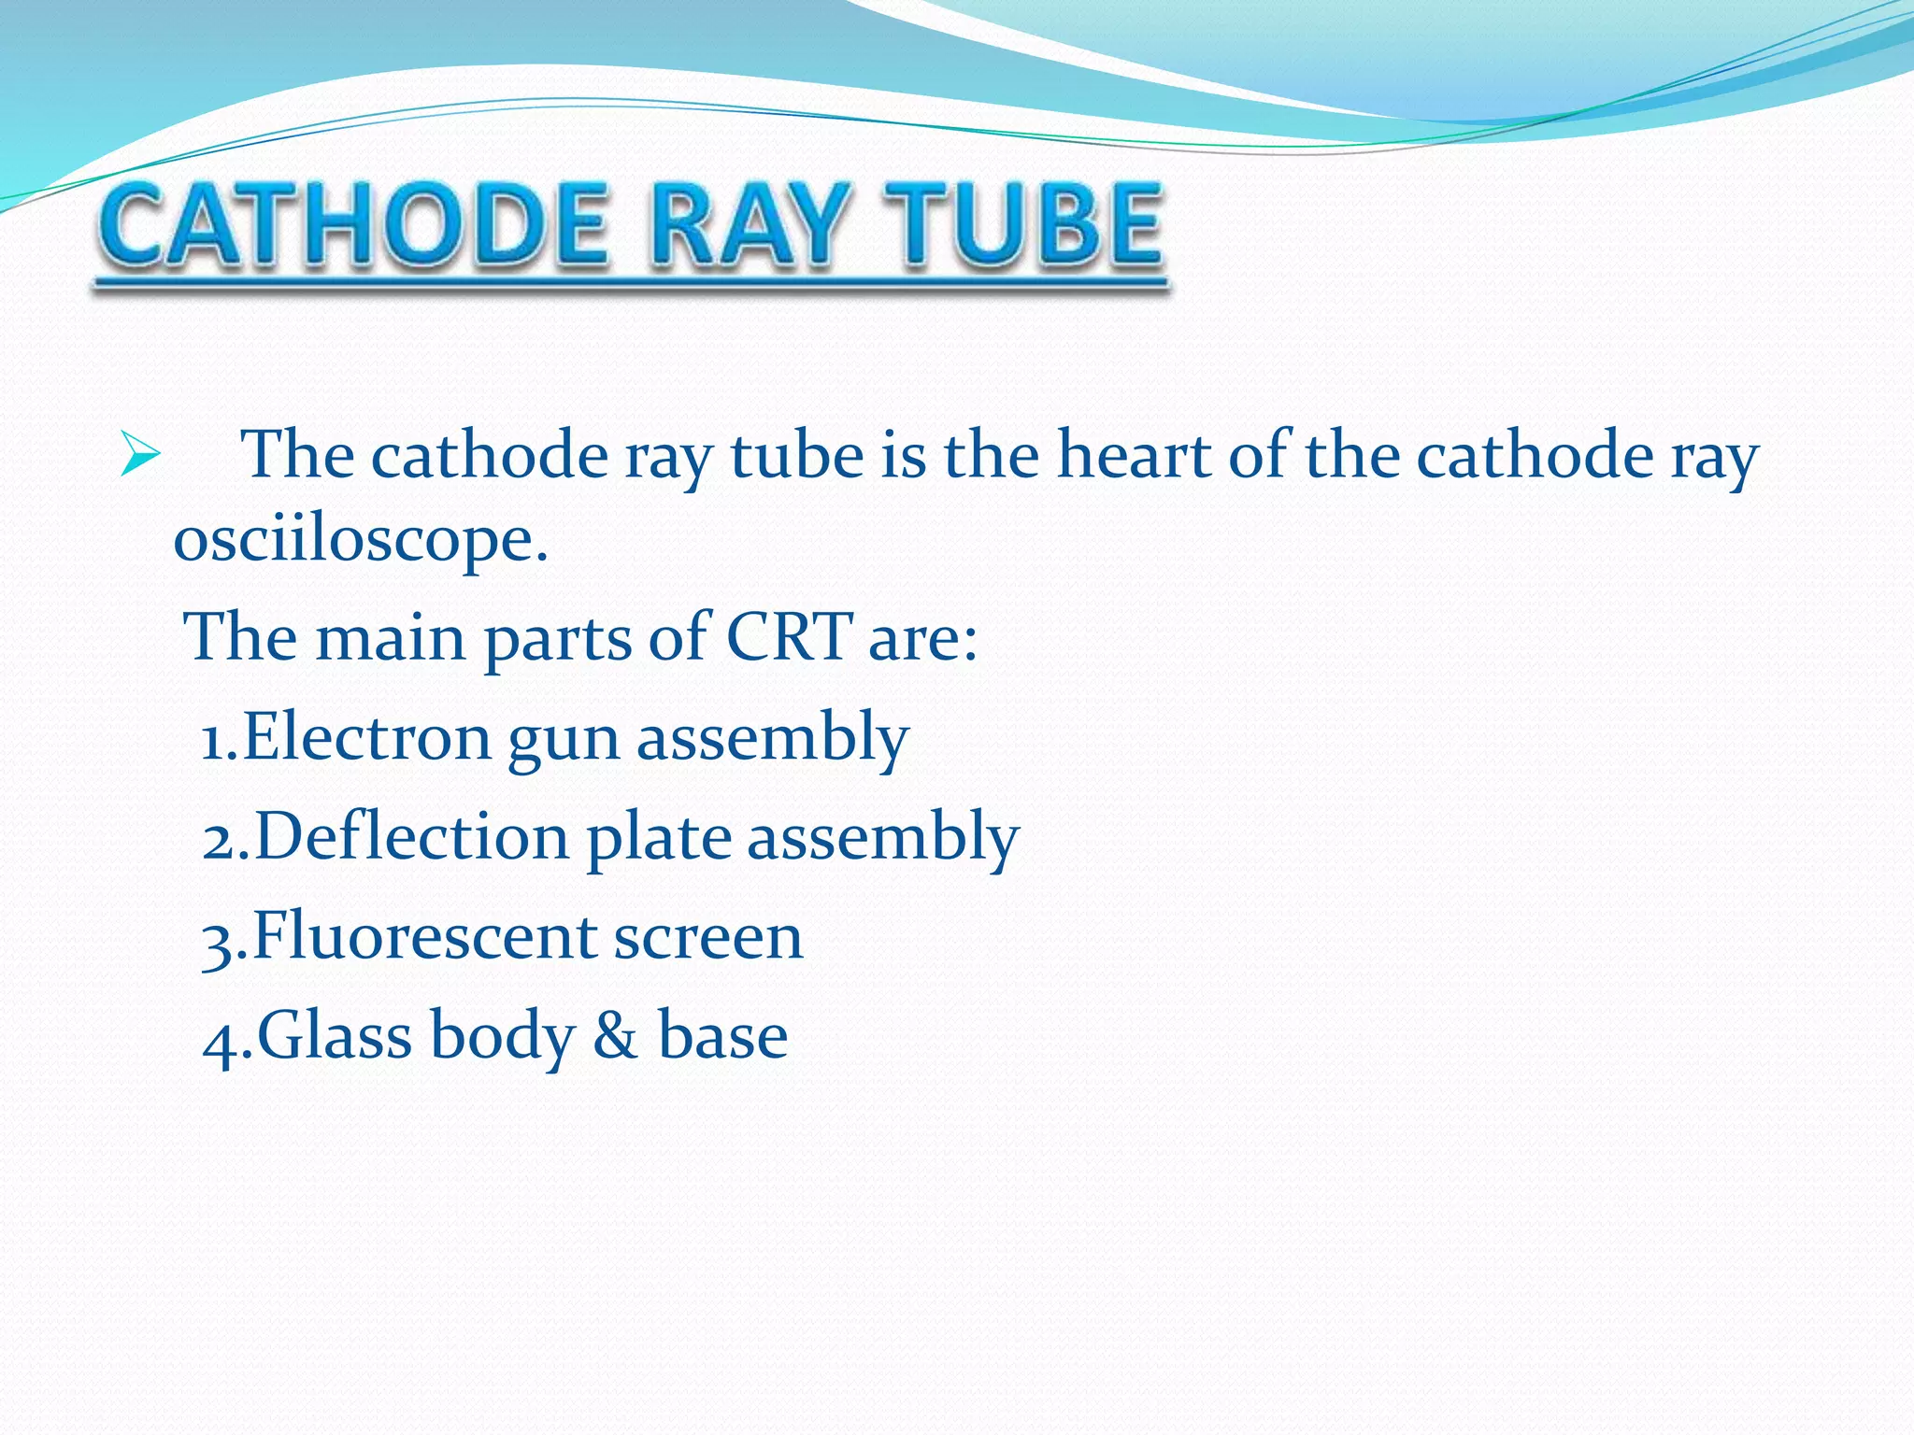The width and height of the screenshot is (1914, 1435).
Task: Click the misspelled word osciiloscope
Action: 360,542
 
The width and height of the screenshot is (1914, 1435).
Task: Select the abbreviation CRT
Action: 789,637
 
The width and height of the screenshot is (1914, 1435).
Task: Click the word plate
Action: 659,838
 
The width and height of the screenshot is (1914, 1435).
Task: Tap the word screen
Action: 707,938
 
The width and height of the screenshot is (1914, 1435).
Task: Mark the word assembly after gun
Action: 772,738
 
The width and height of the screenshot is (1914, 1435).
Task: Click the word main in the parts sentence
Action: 391,637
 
